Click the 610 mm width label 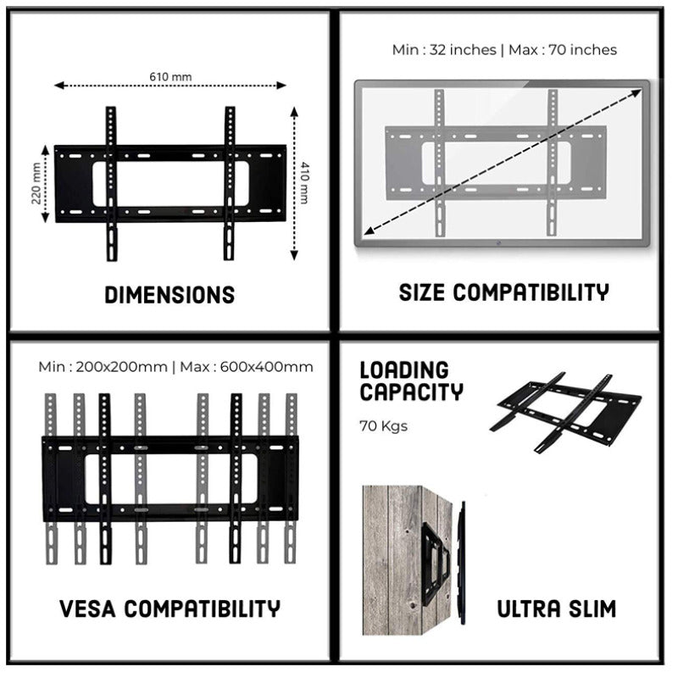[x=170, y=77]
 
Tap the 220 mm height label [x=36, y=184]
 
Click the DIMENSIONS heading [x=169, y=295]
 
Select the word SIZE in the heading [x=423, y=293]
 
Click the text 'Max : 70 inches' [x=563, y=50]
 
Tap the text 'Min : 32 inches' [x=444, y=50]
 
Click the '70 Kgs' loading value [x=384, y=425]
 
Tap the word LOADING [x=404, y=370]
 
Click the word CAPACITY [x=412, y=392]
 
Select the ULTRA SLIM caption [x=555, y=609]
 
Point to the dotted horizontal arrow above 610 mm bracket [x=170, y=85]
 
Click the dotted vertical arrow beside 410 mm [x=294, y=184]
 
